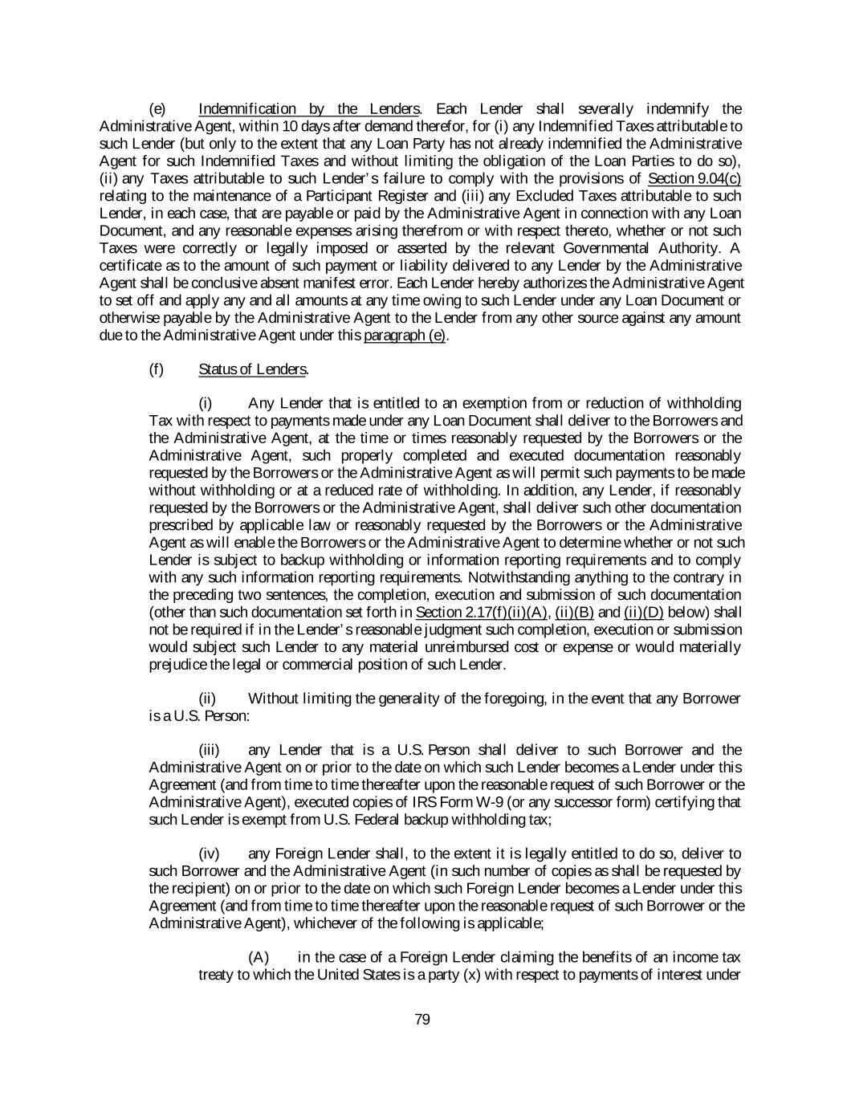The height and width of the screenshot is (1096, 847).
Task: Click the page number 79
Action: [422, 1020]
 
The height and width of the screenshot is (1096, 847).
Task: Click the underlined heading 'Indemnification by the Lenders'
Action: [308, 109]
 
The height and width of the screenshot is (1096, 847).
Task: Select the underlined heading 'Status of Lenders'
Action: [252, 369]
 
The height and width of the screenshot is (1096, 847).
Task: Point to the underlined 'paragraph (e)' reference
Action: [405, 336]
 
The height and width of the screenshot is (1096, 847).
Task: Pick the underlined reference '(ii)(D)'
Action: [644, 613]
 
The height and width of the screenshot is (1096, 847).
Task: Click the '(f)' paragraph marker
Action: [157, 369]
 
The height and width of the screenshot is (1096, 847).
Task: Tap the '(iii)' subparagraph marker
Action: [209, 751]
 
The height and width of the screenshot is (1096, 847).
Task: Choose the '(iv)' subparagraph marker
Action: [209, 854]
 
